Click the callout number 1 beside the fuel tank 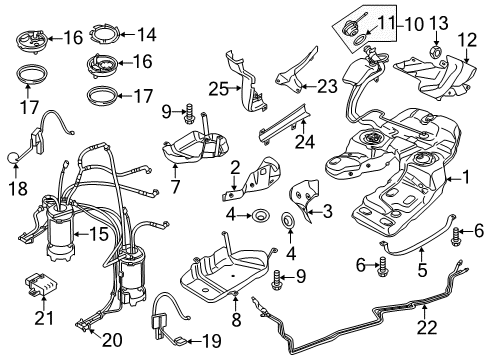click(x=465, y=177)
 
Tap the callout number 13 click(x=438, y=23)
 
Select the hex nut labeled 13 click(x=436, y=51)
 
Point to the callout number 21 click(x=44, y=317)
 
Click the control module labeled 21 click(x=42, y=284)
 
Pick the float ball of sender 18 click(x=13, y=158)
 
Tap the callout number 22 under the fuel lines click(x=427, y=327)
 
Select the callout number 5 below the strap click(x=422, y=269)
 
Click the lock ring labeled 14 click(x=104, y=33)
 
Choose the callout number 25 click(x=219, y=89)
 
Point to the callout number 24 click(x=305, y=141)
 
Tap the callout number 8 click(x=236, y=319)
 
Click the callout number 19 click(x=212, y=341)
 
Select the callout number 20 click(x=112, y=340)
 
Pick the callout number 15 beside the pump click(x=100, y=234)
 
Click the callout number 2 click(x=235, y=168)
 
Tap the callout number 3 click(x=327, y=211)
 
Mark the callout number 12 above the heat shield click(x=467, y=40)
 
